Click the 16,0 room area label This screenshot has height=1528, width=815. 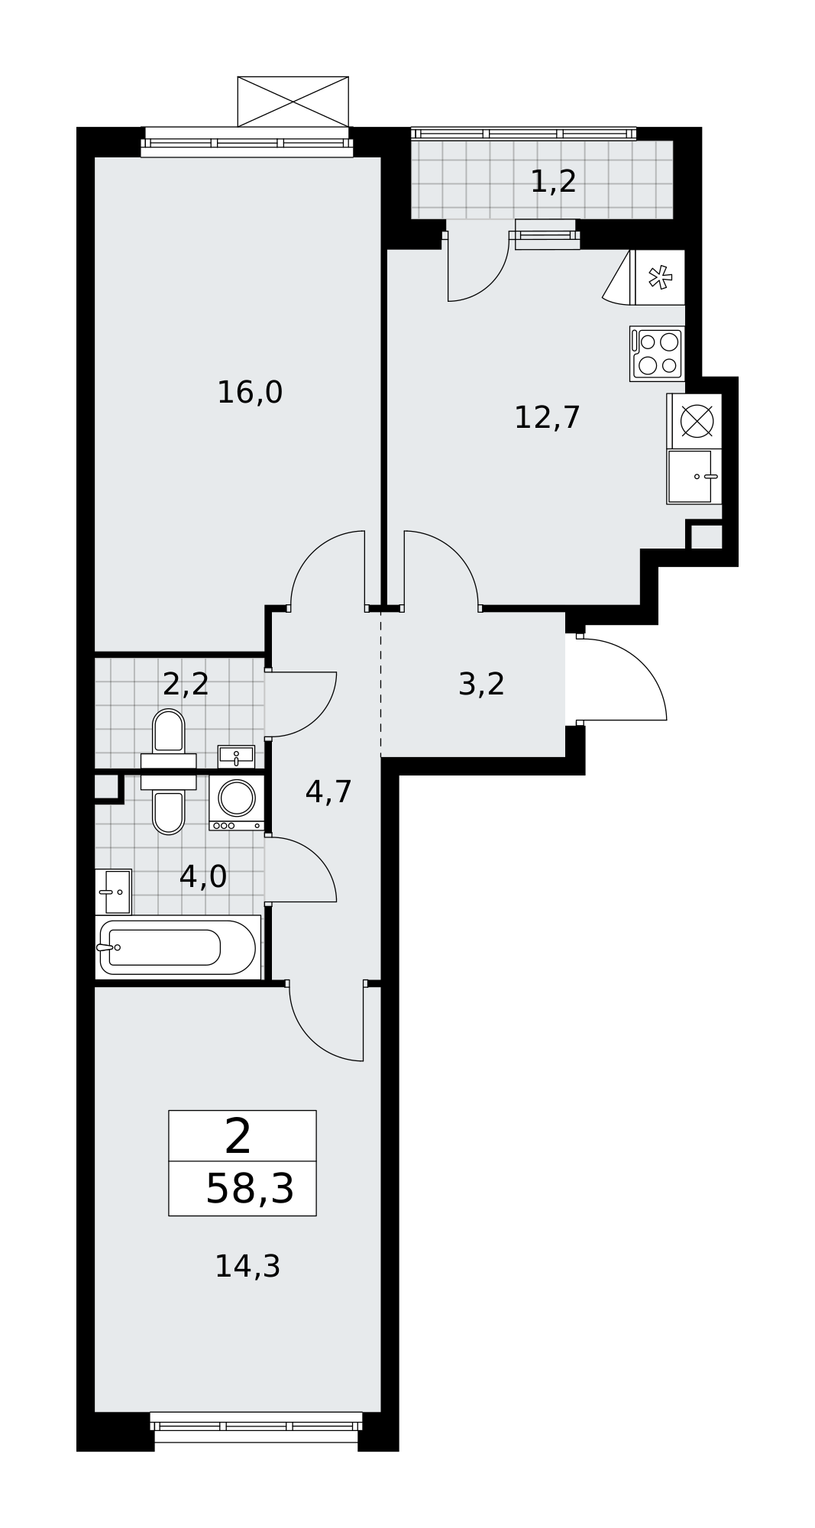pos(250,393)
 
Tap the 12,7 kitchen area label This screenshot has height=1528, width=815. pos(547,418)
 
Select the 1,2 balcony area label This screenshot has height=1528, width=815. pos(553,182)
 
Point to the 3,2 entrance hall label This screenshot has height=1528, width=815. pos(481,684)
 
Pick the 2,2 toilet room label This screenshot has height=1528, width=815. pos(186,684)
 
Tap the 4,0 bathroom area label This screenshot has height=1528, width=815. pos(202,876)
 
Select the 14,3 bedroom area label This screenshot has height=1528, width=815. pos(247,1266)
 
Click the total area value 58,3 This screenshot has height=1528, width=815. pos(250,1190)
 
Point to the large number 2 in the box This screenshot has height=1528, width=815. pos(238,1136)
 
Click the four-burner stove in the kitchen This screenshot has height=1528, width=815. pos(657,353)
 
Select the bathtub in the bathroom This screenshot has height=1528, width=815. pos(177,947)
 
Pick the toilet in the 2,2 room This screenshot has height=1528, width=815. pos(169,733)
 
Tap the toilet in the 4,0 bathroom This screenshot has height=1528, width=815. pos(169,810)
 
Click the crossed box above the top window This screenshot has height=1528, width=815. pos(293,101)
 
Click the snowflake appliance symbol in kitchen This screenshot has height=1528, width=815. pos(659,277)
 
